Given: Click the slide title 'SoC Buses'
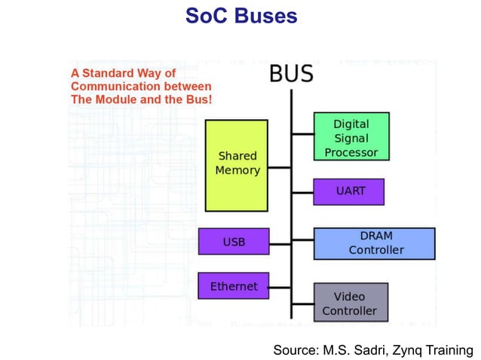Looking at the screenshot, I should coord(241,16).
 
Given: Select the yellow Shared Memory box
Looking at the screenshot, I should coord(237,165).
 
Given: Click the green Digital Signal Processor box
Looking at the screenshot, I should coord(351,136).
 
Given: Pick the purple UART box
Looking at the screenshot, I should coord(349,191).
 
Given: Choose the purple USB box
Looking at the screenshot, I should coord(234,242).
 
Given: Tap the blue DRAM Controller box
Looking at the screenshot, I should coord(374,243).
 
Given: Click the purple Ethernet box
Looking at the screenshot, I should coord(234,286).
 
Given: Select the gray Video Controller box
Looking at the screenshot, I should coord(350,303).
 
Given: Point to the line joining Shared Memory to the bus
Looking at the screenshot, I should coord(279,167).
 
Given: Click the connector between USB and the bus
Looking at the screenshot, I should coord(279,243).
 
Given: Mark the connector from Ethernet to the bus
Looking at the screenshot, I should coord(279,287).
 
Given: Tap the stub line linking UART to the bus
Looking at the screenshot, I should coord(302,192).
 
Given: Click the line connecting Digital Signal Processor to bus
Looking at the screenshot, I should coord(302,134).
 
